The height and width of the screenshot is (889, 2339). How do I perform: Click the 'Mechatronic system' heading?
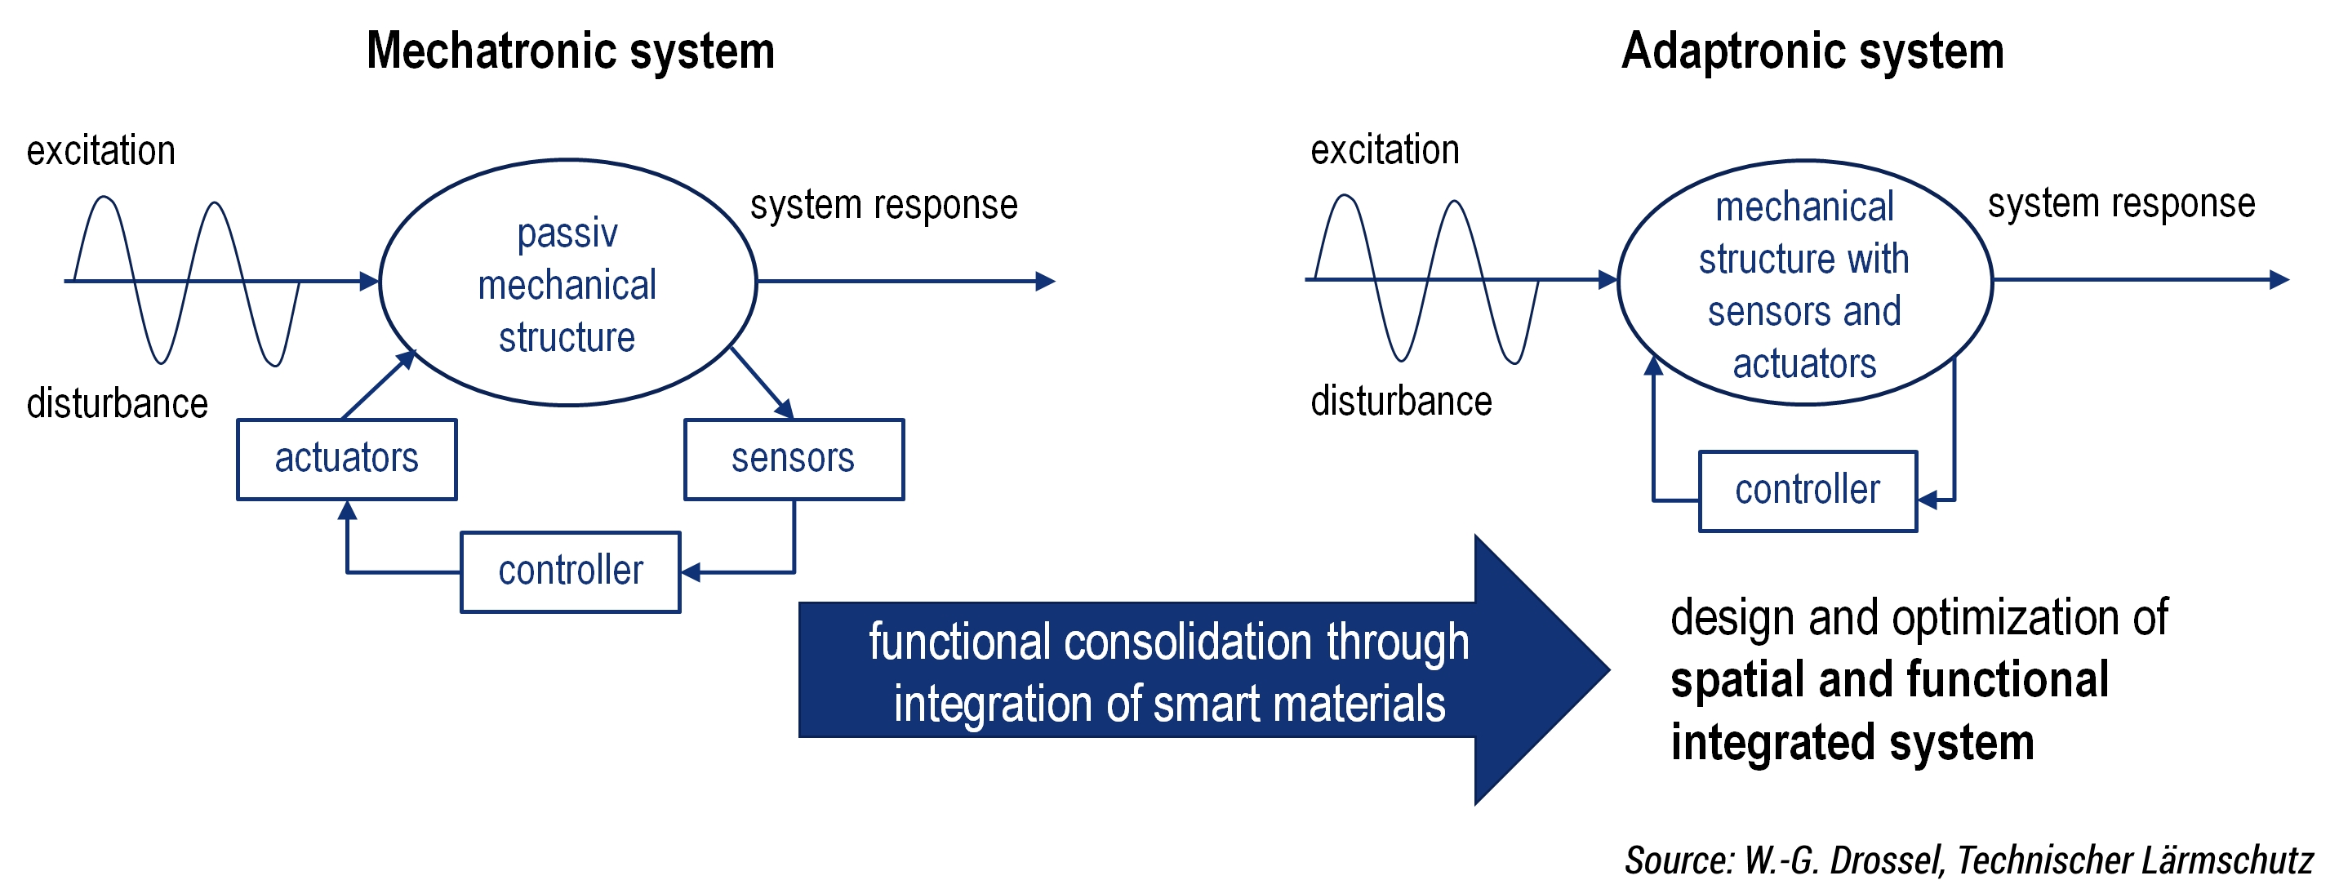point(570,51)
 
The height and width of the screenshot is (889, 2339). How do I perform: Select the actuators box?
point(347,459)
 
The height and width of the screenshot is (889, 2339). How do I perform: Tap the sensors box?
point(794,459)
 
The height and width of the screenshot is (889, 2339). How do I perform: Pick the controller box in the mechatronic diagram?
point(570,571)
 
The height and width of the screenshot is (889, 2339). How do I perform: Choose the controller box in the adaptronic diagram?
point(1807,491)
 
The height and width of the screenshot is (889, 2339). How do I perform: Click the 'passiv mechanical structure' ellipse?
point(567,283)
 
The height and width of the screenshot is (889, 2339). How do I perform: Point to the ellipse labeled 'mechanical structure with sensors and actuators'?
point(1804,283)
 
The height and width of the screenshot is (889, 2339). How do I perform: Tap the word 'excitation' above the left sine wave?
point(100,151)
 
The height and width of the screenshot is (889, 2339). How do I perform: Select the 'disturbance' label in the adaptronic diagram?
point(1400,402)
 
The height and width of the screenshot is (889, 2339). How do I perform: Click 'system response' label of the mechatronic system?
point(883,205)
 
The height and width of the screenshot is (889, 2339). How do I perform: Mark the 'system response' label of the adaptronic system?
point(2121,203)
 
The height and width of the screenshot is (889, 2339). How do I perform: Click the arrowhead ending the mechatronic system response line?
point(1045,282)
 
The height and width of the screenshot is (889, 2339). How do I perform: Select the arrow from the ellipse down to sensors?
point(762,382)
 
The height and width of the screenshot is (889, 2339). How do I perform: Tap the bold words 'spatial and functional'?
point(1888,679)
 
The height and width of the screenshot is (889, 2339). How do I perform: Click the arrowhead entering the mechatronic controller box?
point(691,572)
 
